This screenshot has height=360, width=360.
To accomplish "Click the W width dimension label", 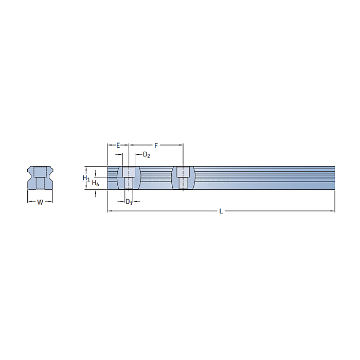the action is [x=40, y=202].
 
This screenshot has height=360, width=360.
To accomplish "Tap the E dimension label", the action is [x=118, y=146].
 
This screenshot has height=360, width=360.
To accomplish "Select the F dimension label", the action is [x=156, y=146].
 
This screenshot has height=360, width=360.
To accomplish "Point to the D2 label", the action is [x=147, y=155].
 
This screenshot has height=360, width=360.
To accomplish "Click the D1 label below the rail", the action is [x=129, y=202].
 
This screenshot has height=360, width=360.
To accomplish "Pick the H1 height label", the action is [x=86, y=178].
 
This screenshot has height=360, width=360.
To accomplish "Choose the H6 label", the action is [x=95, y=183].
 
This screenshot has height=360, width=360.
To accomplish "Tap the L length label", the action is [x=221, y=211].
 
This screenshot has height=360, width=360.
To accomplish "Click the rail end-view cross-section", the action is [x=40, y=178].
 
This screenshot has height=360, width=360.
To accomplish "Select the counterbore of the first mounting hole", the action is [x=129, y=172].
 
